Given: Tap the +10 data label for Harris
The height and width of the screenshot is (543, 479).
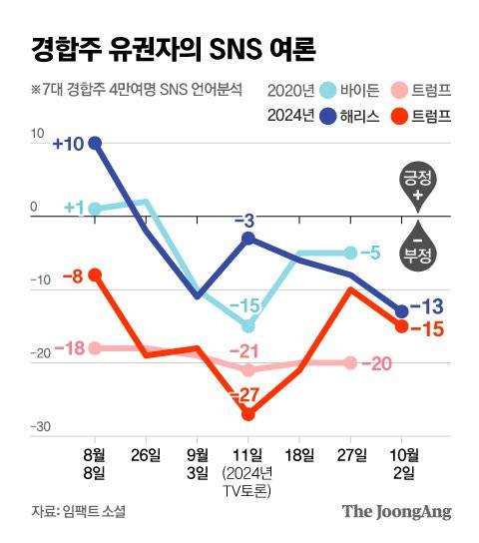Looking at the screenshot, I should click(x=70, y=144).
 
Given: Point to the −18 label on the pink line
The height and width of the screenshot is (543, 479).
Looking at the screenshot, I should click(x=68, y=347).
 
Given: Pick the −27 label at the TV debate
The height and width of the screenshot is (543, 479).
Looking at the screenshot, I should click(x=246, y=396).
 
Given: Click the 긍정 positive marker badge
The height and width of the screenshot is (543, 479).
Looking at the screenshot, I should click(x=418, y=186).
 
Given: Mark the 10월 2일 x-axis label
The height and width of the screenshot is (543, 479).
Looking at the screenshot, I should click(x=402, y=463).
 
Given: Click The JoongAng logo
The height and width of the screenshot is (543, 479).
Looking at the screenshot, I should click(x=397, y=511).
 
